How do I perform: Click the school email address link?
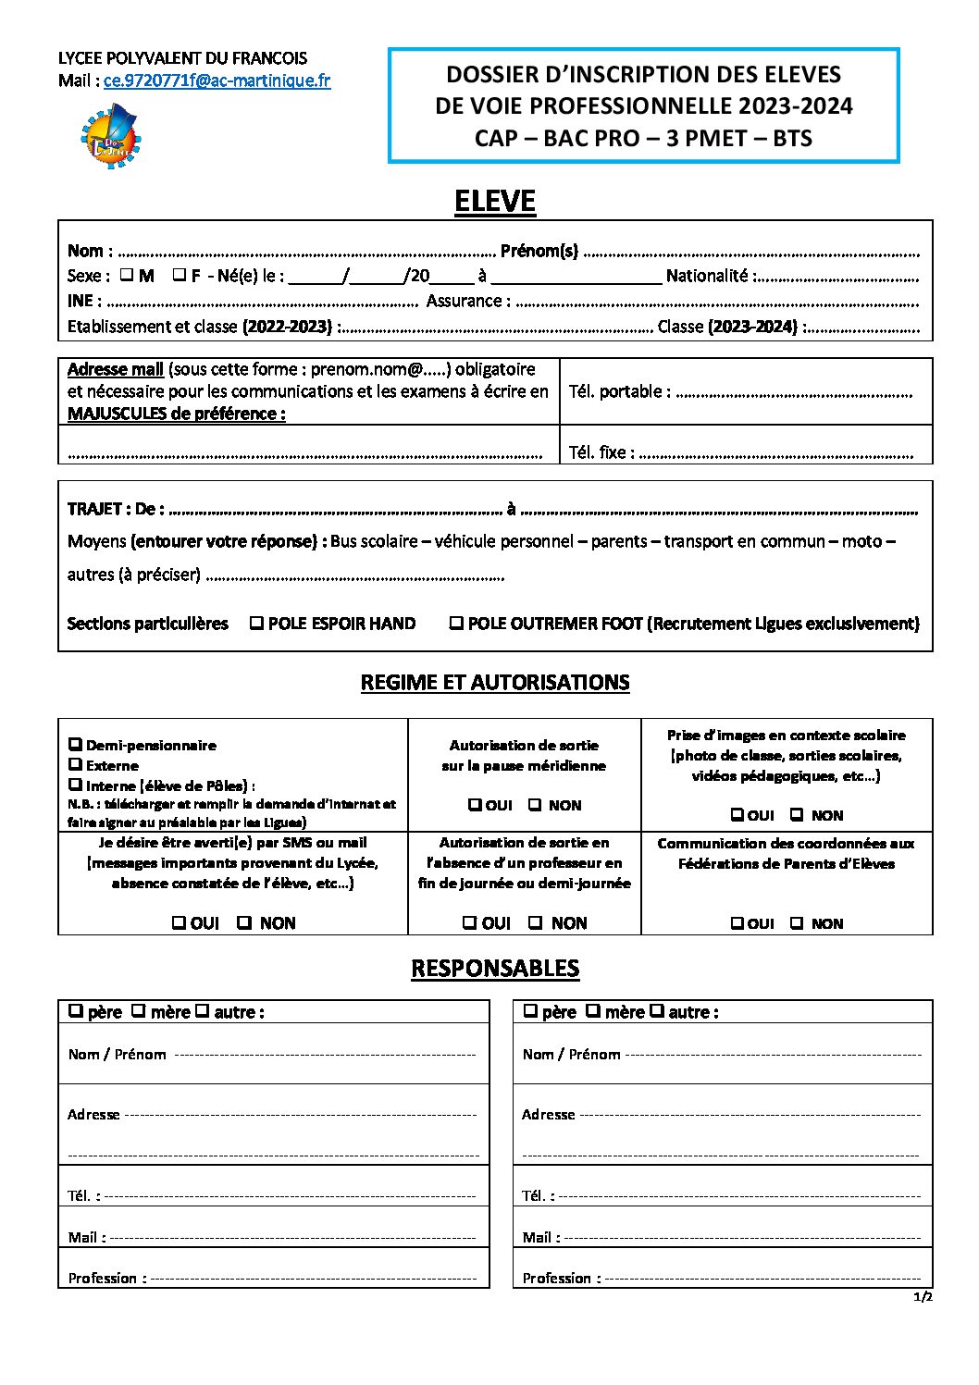coord(217,80)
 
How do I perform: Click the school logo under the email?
coord(110,136)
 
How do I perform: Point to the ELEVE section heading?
coord(494,202)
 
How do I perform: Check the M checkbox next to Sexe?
coord(126,275)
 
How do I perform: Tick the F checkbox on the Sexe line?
coord(180,275)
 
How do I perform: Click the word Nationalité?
coord(706,276)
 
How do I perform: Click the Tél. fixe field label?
coord(601,452)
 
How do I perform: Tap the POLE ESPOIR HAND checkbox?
coord(256,624)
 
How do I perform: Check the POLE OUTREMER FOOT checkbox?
coord(456,624)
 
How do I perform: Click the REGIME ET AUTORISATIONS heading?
coord(494,683)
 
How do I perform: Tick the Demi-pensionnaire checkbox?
coord(75,745)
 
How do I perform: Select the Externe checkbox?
coord(75,764)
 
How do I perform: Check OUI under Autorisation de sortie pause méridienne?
coord(475,805)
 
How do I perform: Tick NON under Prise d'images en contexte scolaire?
coord(797,815)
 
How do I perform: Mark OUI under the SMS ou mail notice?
coord(180,922)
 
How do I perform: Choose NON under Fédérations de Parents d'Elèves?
coord(797,923)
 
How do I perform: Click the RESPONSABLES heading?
coord(494,969)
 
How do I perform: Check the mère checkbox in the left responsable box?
coord(138,1011)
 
